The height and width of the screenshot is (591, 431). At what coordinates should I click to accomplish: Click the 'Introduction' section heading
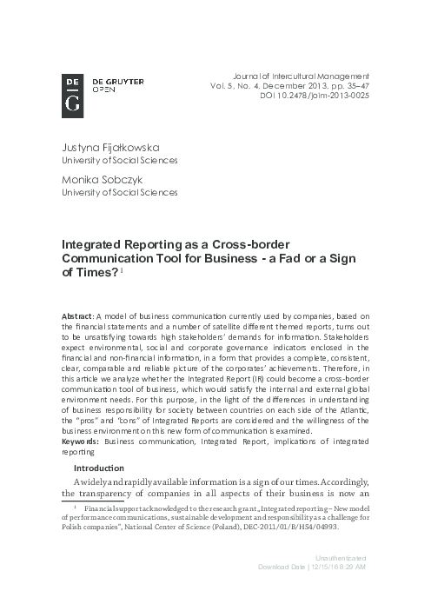click(x=103, y=468)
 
